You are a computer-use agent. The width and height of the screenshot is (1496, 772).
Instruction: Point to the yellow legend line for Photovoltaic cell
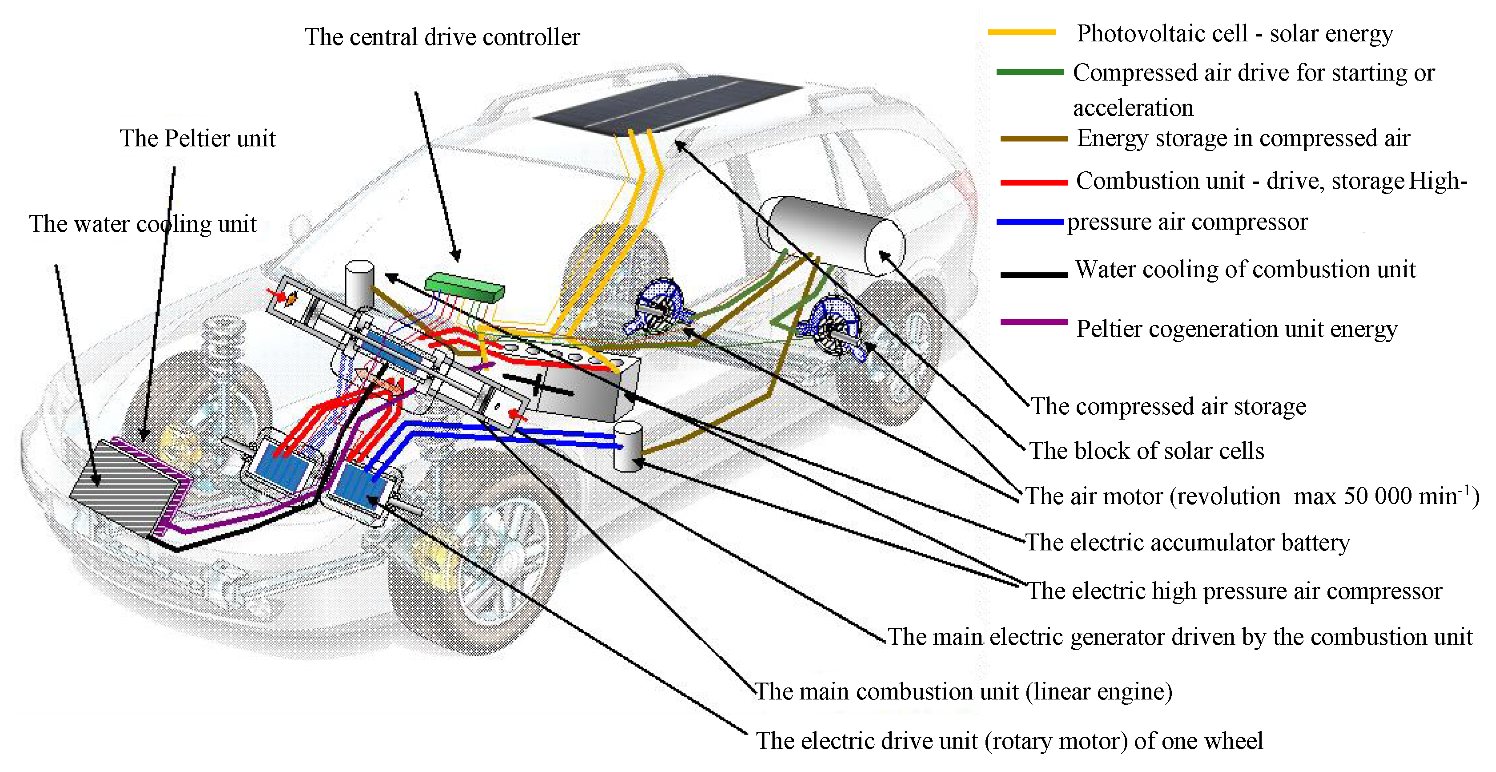(x=1021, y=33)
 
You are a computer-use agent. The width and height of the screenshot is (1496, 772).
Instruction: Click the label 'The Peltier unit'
(x=197, y=139)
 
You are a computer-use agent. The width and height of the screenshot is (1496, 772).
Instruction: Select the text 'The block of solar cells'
(x=1146, y=451)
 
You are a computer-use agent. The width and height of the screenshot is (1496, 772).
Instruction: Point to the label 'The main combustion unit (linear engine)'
(x=963, y=691)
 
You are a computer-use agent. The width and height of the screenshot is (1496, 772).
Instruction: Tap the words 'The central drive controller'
(x=442, y=37)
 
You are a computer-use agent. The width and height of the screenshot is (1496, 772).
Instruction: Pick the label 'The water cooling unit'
(x=143, y=224)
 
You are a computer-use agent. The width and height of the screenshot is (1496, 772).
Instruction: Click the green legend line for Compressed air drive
(x=1029, y=72)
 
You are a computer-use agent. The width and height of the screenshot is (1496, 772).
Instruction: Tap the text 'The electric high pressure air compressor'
(x=1235, y=591)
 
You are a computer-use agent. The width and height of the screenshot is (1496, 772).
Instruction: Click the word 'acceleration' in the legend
(x=1133, y=108)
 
